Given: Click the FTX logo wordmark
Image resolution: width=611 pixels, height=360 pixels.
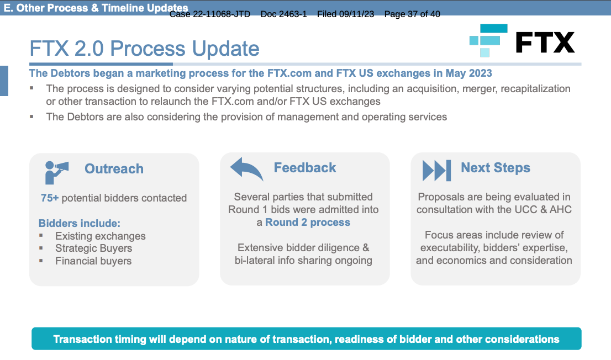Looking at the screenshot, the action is [545, 42].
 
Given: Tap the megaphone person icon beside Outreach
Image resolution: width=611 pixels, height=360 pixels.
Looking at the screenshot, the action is [56, 172].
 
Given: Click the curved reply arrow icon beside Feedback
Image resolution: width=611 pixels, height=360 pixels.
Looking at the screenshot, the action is [246, 169].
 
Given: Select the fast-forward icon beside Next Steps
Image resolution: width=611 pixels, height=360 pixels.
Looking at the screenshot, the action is [437, 170].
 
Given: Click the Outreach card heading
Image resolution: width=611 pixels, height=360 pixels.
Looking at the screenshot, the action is [114, 169].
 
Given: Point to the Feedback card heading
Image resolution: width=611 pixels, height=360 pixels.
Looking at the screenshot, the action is [305, 167].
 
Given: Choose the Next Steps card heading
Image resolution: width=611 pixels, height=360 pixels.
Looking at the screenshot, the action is [496, 167].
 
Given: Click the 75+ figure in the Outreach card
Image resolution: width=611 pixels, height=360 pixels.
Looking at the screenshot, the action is [50, 198].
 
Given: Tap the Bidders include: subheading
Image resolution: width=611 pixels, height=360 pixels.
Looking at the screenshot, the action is [80, 223].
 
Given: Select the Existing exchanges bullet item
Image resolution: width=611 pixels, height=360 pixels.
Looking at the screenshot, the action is [100, 236].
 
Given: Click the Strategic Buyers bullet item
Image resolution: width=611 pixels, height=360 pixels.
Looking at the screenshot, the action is [93, 248].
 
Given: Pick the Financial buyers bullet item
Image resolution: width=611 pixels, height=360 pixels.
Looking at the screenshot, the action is [93, 261].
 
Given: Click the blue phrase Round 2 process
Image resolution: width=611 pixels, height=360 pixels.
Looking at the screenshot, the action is [308, 222].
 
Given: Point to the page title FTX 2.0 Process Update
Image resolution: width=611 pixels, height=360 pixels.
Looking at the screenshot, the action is [145, 48].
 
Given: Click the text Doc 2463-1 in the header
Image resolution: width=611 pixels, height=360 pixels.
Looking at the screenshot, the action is [284, 14].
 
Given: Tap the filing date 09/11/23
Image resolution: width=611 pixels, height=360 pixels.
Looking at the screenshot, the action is [356, 14].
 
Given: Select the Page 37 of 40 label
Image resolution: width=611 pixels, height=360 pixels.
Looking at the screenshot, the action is [412, 14].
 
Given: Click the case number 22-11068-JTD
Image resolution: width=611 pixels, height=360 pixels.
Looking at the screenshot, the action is [222, 14].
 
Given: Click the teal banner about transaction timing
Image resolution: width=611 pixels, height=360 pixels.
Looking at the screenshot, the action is [306, 338].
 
